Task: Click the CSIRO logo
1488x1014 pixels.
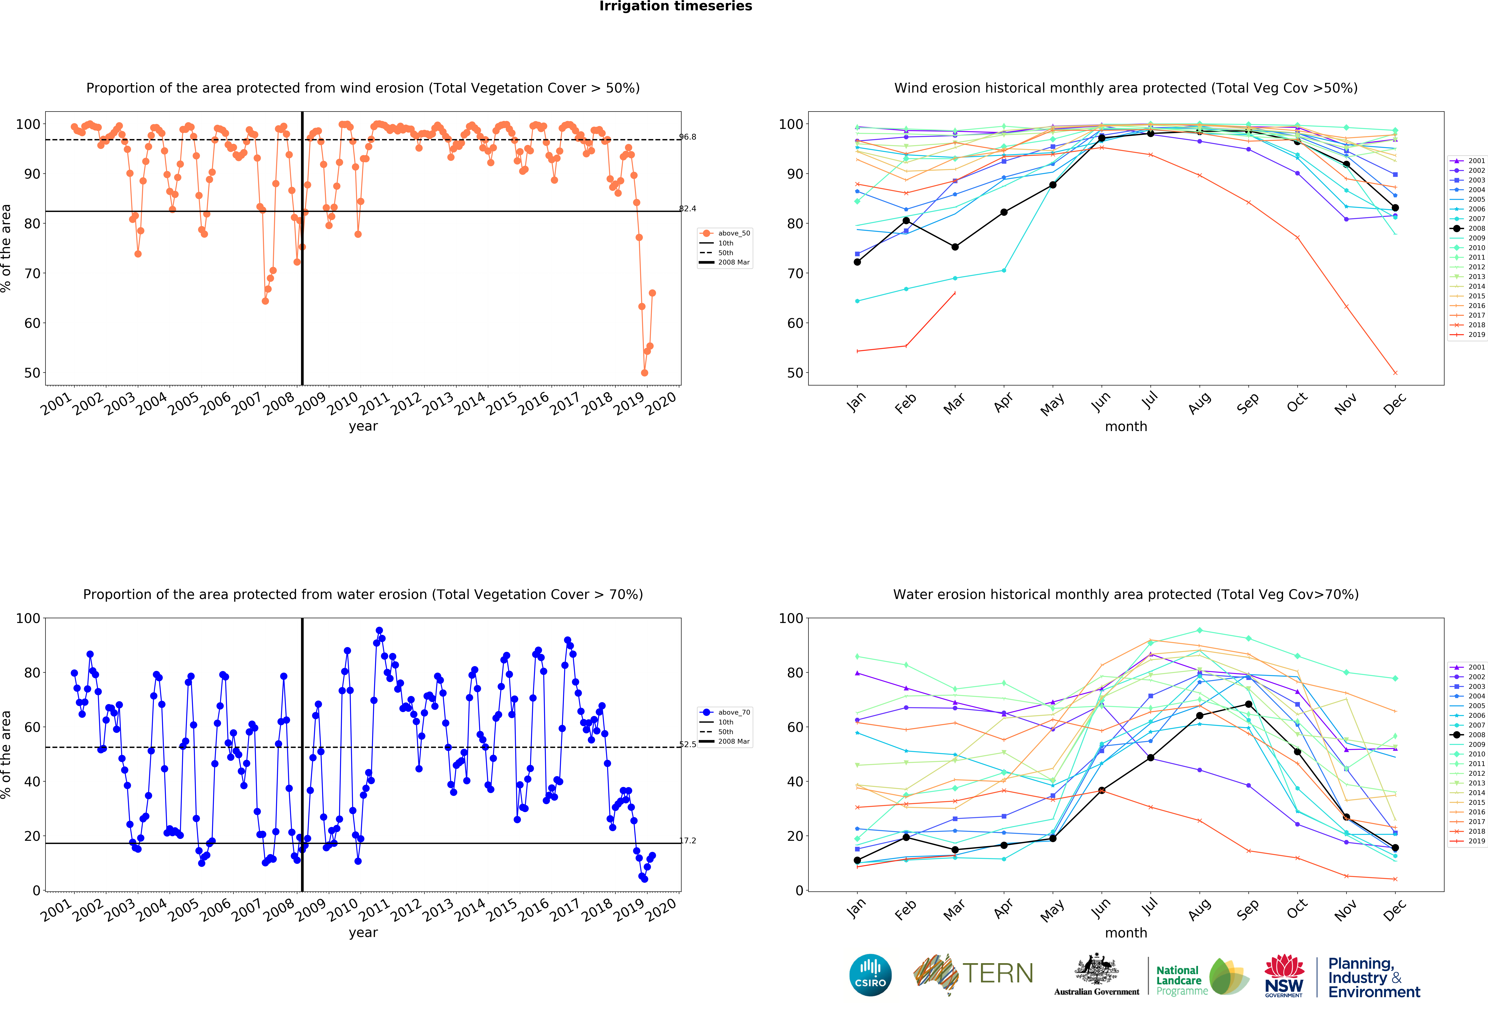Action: click(870, 975)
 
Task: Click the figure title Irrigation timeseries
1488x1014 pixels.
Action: click(675, 6)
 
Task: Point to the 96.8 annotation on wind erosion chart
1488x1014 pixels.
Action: click(688, 137)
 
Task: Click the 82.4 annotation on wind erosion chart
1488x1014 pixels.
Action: click(688, 209)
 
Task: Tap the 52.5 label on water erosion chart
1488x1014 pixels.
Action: click(688, 744)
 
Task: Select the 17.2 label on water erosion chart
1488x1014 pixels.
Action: click(688, 840)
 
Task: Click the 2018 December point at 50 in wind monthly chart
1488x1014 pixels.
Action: click(1395, 373)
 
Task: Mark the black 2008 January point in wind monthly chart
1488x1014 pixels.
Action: click(857, 262)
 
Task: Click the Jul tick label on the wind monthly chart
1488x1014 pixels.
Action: click(1150, 401)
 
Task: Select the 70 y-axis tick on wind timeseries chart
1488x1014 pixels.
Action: click(32, 273)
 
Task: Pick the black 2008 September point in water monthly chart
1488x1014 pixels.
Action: click(1249, 704)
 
